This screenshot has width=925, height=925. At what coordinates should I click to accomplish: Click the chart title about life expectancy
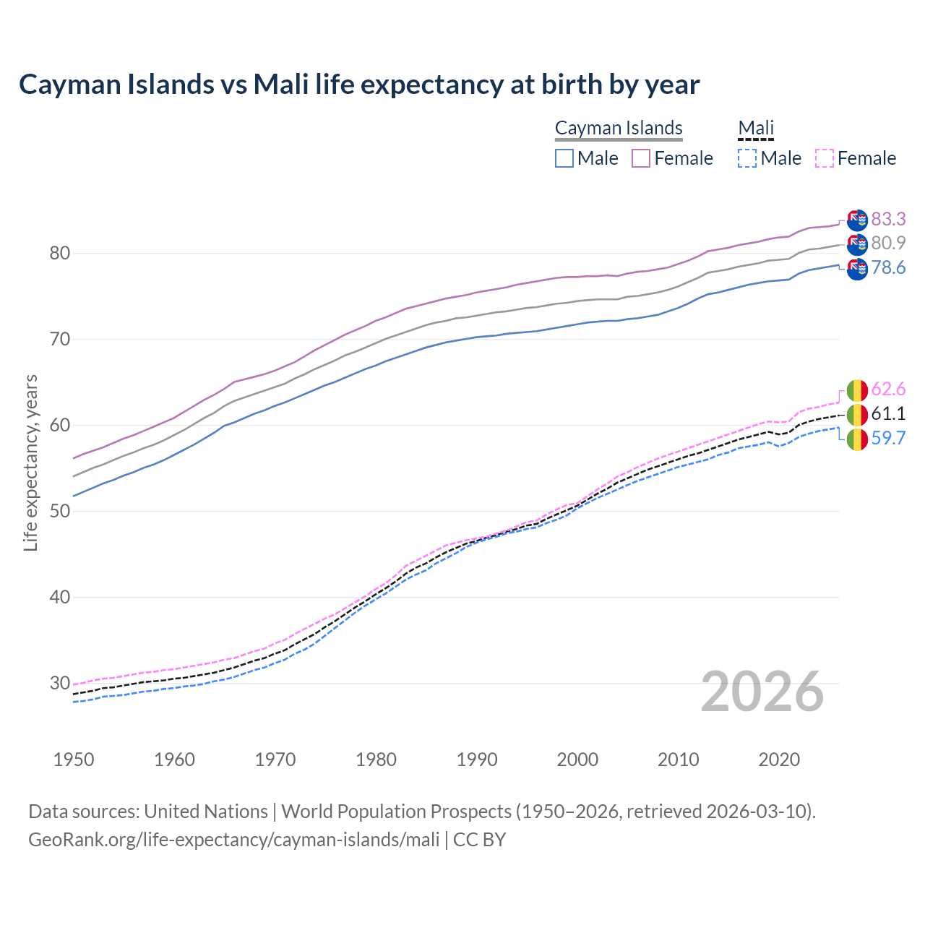(359, 85)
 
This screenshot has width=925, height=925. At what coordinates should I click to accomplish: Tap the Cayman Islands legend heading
(619, 128)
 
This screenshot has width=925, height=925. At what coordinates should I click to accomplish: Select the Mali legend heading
(756, 128)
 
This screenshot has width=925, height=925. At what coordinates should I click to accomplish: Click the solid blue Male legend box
(564, 158)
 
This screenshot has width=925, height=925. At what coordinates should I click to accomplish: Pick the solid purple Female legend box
(641, 158)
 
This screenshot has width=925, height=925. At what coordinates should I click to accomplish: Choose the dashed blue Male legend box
(747, 158)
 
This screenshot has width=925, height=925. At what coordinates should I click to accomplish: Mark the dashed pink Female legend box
(825, 158)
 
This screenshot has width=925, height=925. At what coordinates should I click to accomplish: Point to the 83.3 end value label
(888, 219)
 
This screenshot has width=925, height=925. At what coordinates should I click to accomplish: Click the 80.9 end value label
(888, 244)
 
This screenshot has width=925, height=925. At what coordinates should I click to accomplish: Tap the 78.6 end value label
(888, 268)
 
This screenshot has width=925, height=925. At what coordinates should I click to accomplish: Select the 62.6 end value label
(888, 390)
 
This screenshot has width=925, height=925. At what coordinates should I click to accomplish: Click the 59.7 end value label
(888, 438)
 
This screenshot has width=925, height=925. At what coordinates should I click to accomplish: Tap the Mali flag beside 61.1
(857, 415)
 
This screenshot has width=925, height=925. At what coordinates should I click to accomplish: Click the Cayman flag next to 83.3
(857, 220)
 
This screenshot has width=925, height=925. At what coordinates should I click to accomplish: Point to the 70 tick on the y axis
(59, 339)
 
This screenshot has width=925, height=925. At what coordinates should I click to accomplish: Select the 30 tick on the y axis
(59, 683)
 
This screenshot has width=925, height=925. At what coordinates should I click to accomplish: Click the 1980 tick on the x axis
(376, 760)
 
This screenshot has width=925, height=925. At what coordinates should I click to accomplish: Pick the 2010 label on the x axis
(678, 760)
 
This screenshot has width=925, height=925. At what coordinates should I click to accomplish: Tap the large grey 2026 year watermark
(762, 692)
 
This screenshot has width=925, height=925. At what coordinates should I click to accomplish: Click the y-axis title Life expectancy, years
(31, 462)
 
